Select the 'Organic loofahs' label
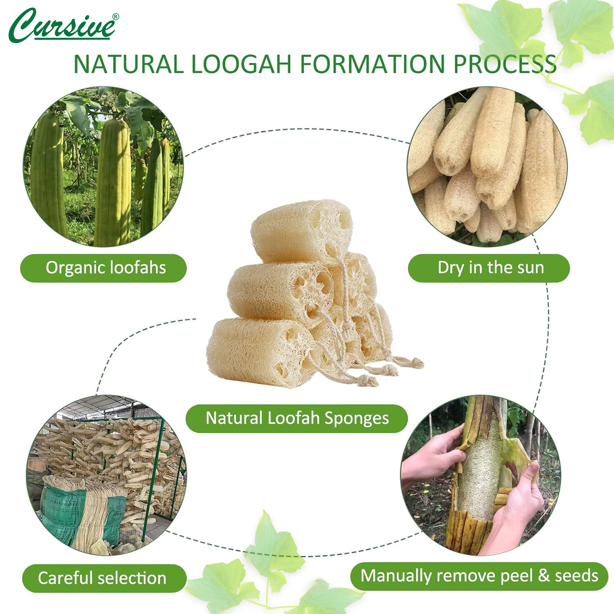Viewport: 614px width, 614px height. point(103,268)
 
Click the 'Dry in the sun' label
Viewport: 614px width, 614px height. point(489,268)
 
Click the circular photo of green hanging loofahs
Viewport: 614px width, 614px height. point(103,167)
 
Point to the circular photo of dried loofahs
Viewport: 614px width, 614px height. point(487,167)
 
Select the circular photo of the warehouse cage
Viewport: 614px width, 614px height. point(106,475)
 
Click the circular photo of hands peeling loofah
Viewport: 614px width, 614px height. point(481,475)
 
